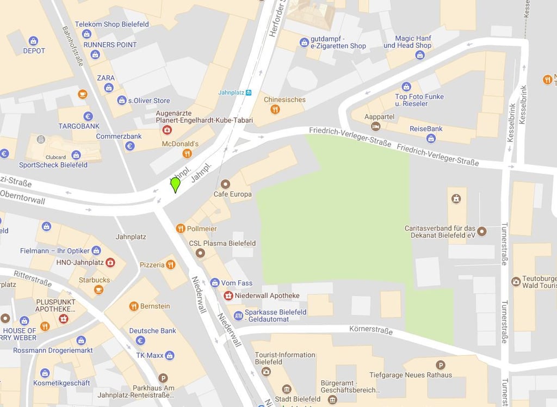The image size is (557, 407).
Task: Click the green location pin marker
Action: coord(175,185)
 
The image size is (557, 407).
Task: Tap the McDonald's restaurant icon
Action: coord(187,153)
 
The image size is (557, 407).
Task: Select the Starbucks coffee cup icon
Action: coord(98,290)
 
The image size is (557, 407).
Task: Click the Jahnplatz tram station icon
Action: coord(249,92)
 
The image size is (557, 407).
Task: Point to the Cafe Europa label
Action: coord(232,194)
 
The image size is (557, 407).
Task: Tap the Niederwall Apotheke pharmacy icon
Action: coord(228,295)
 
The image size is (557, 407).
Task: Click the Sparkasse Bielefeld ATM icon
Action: coord(238,316)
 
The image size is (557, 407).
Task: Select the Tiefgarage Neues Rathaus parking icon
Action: coord(441,365)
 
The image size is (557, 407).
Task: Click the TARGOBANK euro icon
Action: coord(88,116)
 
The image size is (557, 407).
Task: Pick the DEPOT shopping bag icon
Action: coord(34,41)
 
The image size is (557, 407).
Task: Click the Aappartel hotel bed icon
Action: coord(375,126)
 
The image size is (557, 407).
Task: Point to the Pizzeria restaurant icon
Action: coord(171,264)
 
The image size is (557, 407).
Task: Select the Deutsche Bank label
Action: coord(152,331)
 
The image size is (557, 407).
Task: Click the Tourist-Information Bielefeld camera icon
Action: coord(266,372)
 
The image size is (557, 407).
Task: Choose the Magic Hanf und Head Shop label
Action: coord(407,42)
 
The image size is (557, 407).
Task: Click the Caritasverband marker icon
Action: coord(482,231)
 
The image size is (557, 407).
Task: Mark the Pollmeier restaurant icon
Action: coord(181,229)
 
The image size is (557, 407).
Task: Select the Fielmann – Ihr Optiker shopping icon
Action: coord(96,250)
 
